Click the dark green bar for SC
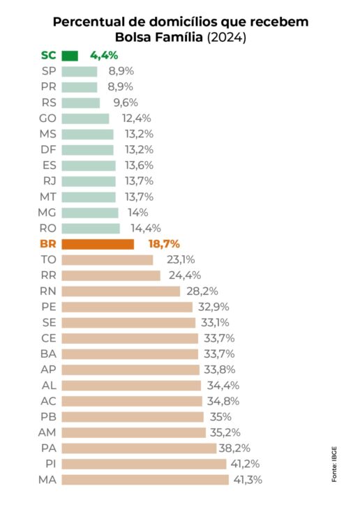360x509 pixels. click(70, 55)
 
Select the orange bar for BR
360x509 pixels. click(98, 244)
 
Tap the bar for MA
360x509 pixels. click(145, 480)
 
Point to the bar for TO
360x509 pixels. click(107, 260)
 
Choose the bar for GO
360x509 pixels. click(86, 119)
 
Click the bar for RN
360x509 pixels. click(121, 291)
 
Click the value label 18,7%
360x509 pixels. click(164, 244)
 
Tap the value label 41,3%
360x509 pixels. click(248, 480)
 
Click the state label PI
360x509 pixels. click(48, 464)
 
